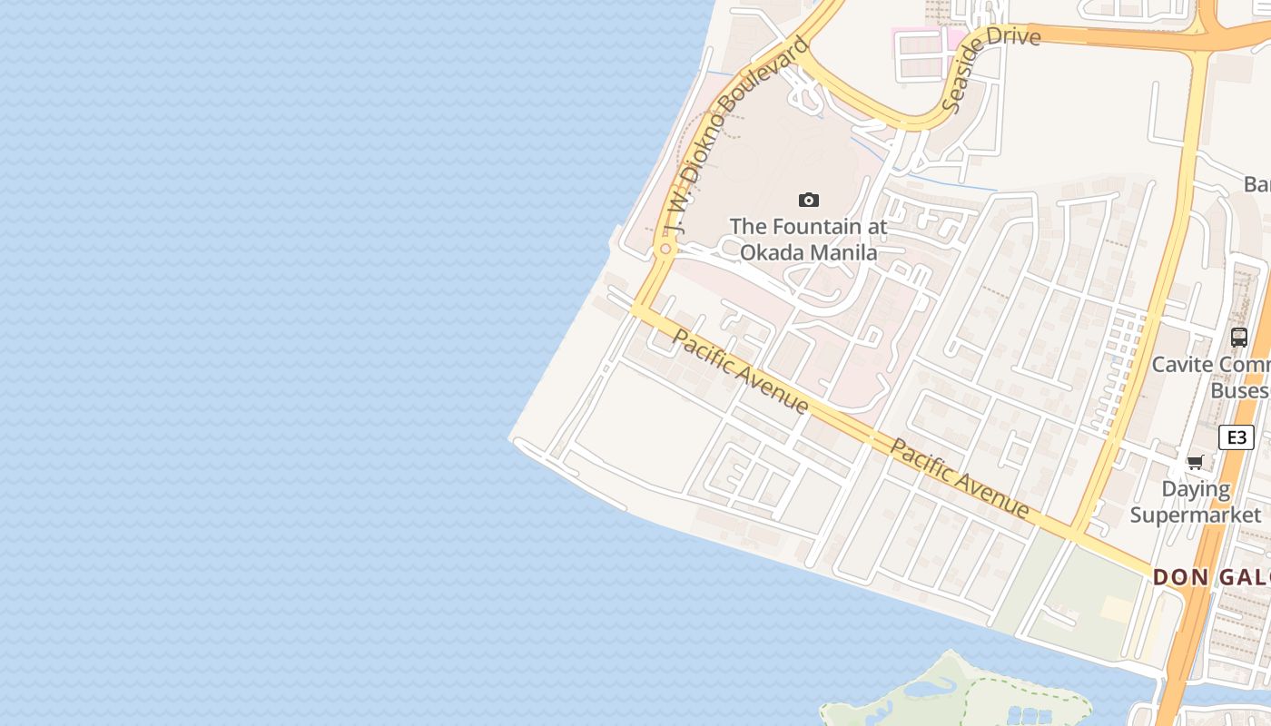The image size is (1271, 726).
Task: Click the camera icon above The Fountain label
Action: [x=808, y=200]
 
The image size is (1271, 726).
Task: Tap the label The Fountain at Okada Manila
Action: [x=808, y=239]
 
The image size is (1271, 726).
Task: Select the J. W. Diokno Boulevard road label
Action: [x=735, y=136]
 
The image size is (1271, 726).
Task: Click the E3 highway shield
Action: [x=1236, y=437]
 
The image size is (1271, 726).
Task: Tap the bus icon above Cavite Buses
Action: [x=1238, y=338]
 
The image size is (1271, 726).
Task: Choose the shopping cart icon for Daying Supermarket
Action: [x=1196, y=463]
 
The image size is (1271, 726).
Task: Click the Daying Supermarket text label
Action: [x=1196, y=502]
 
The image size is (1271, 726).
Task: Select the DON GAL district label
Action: [x=1212, y=577]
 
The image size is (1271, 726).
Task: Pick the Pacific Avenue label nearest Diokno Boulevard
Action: [x=740, y=370]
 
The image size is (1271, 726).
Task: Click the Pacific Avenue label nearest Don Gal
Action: [x=960, y=478]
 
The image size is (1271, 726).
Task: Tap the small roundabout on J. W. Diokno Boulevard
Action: [x=665, y=249]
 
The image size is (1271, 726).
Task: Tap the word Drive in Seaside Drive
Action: [x=1011, y=36]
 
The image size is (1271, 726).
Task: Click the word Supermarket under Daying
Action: [x=1196, y=515]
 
